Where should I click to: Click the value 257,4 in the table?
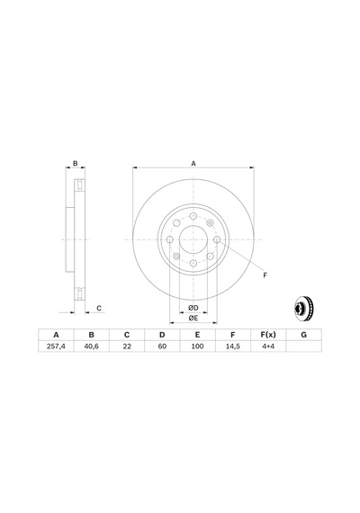click(x=56, y=346)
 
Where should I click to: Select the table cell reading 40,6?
click(x=91, y=346)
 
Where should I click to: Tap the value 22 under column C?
click(x=127, y=346)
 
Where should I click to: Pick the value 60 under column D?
click(x=162, y=346)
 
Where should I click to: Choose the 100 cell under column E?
click(x=197, y=346)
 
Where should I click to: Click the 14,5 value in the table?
click(x=233, y=346)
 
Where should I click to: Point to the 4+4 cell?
click(x=268, y=346)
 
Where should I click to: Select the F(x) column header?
click(x=268, y=335)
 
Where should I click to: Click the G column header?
click(x=303, y=335)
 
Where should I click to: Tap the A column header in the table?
click(x=56, y=335)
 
